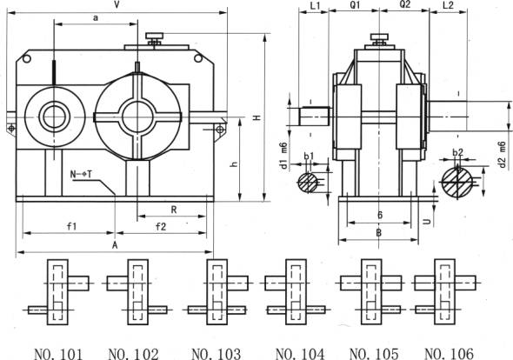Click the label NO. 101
pos(59,353)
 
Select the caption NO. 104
pos(299,353)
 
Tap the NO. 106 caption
pos(450,353)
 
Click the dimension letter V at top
pos(116,5)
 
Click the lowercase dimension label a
pos(95,17)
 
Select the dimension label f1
pos(73,227)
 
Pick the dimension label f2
pos(161,227)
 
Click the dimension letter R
pos(174,210)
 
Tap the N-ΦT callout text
pos(83,175)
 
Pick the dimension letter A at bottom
pos(116,245)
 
